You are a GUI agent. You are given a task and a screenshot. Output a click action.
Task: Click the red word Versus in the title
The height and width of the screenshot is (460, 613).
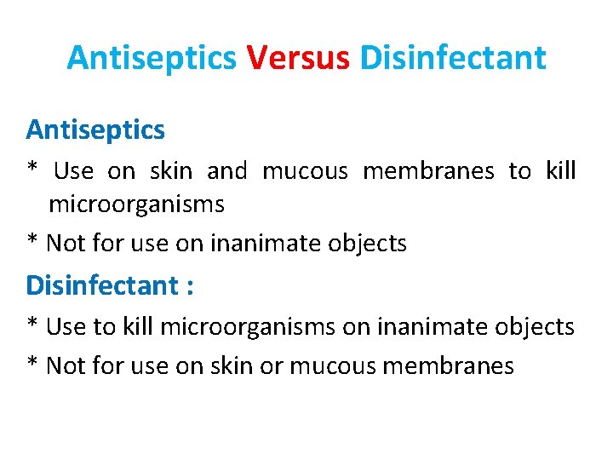(298, 58)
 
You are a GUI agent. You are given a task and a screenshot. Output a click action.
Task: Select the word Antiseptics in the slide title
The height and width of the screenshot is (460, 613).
(152, 58)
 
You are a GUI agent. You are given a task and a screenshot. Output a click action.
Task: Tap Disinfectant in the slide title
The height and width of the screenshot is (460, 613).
(453, 58)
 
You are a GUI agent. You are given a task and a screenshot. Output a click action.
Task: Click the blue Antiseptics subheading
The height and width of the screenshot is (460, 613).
(95, 129)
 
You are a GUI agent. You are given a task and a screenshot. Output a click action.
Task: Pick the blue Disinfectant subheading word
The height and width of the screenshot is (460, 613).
(101, 285)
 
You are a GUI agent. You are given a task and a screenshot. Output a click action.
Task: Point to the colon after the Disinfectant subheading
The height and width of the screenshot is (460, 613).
(189, 286)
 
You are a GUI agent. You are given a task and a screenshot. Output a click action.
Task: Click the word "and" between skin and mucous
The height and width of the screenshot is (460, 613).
(226, 171)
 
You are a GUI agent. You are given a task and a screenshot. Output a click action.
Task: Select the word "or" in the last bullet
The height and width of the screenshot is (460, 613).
(274, 366)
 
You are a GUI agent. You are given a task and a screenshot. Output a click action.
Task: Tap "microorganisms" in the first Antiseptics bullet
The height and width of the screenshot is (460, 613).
(136, 204)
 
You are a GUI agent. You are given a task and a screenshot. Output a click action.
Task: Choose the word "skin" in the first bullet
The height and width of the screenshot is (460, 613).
(170, 171)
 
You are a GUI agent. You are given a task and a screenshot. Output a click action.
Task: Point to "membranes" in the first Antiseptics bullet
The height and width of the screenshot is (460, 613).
(428, 171)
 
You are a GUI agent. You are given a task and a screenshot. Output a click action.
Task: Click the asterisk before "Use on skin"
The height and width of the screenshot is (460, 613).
(33, 170)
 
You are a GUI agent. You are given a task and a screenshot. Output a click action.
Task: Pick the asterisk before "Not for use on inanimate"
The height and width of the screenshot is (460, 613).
(33, 242)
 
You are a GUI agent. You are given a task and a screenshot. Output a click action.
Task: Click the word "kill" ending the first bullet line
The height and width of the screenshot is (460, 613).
(560, 171)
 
